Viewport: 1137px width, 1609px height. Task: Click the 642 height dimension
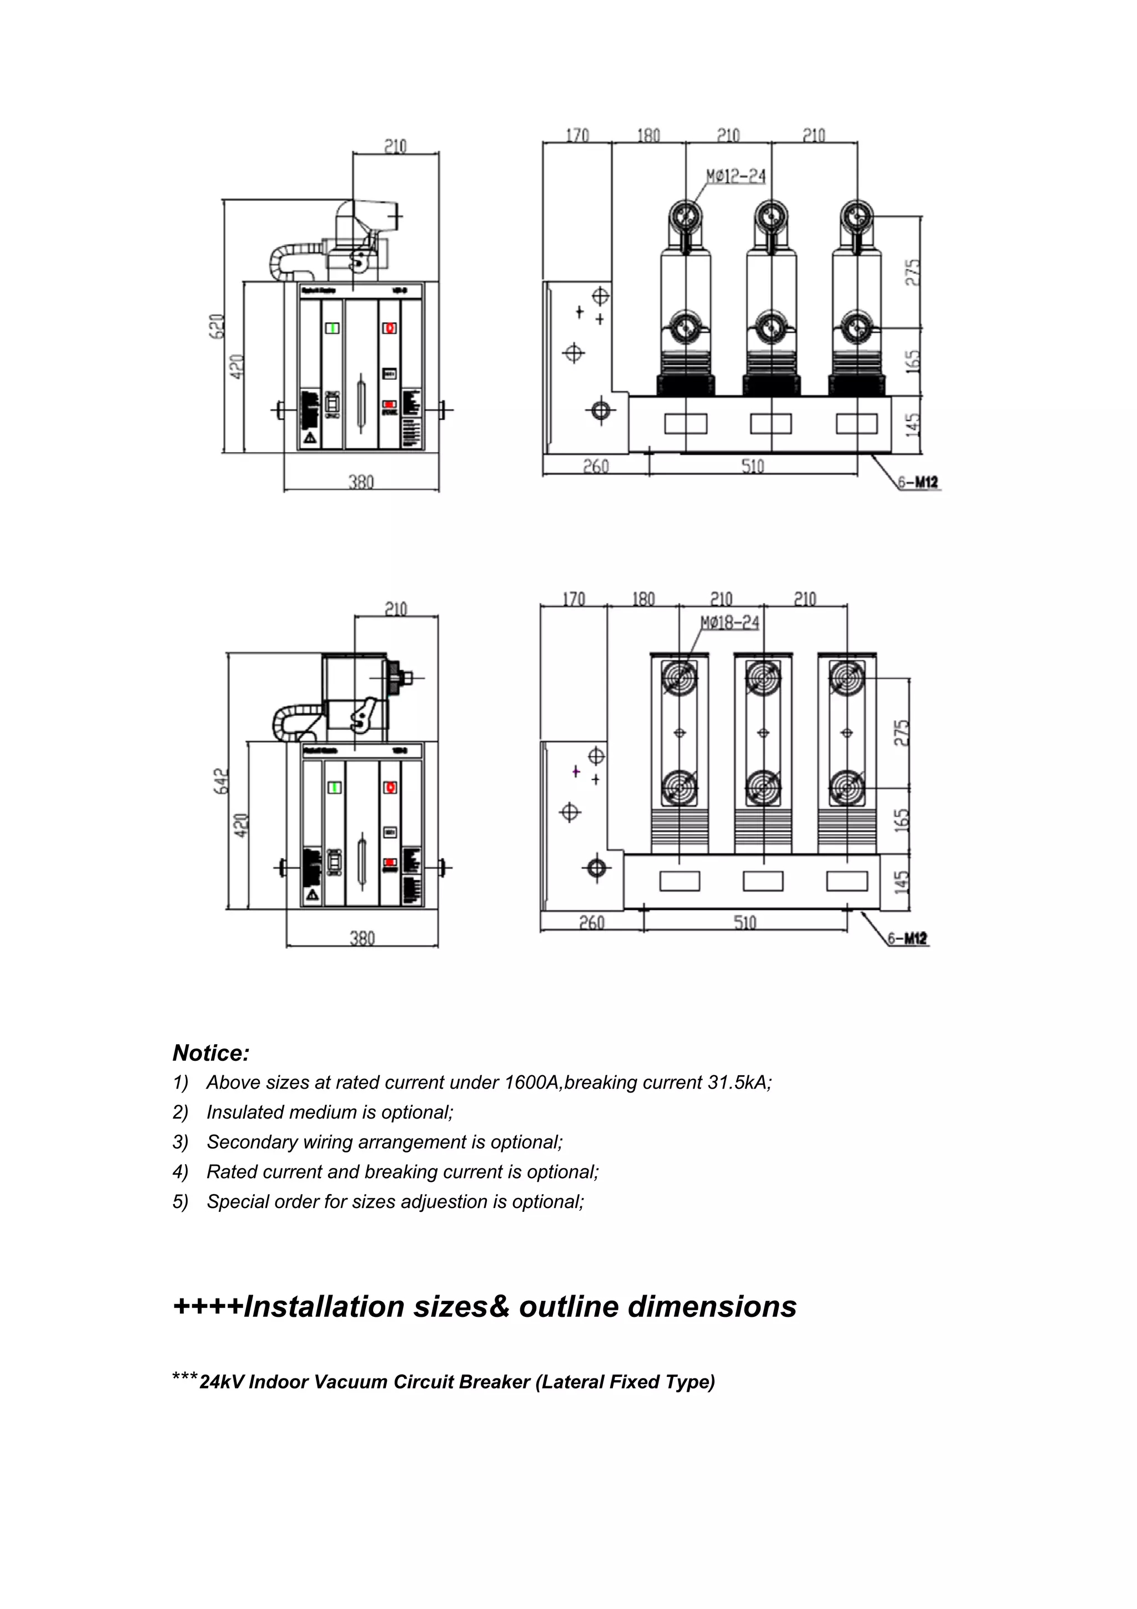click(x=222, y=781)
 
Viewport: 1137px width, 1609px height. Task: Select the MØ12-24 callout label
click(x=735, y=176)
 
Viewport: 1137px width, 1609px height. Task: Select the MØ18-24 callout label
click(x=730, y=622)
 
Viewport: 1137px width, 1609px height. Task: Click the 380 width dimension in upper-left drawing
click(x=361, y=482)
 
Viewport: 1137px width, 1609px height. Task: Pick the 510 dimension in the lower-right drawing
click(x=744, y=922)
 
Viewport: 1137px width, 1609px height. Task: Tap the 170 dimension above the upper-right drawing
click(x=577, y=134)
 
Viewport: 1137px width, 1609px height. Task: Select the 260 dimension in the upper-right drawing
click(x=596, y=466)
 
